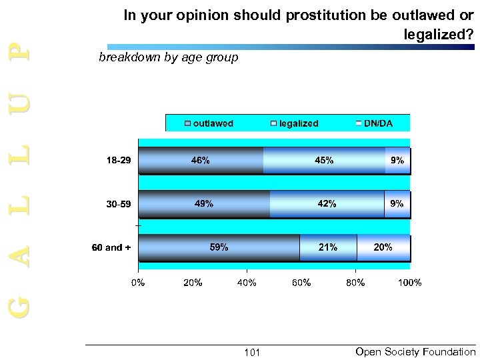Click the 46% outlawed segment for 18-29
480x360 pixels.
coord(201,161)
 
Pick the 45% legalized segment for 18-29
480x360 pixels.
coord(324,161)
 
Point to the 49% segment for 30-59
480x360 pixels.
coord(204,204)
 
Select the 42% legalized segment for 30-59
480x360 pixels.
coord(327,204)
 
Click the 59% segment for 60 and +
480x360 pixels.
coord(219,247)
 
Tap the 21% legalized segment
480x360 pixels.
coord(327,247)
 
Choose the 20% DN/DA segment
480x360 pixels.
coord(383,247)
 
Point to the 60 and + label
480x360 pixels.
coord(111,247)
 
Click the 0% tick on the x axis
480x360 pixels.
coord(138,283)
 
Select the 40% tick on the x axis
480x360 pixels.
coord(247,283)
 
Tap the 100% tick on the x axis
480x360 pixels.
coord(409,283)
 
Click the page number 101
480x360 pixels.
coord(252,352)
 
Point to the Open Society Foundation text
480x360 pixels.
coord(416,351)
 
